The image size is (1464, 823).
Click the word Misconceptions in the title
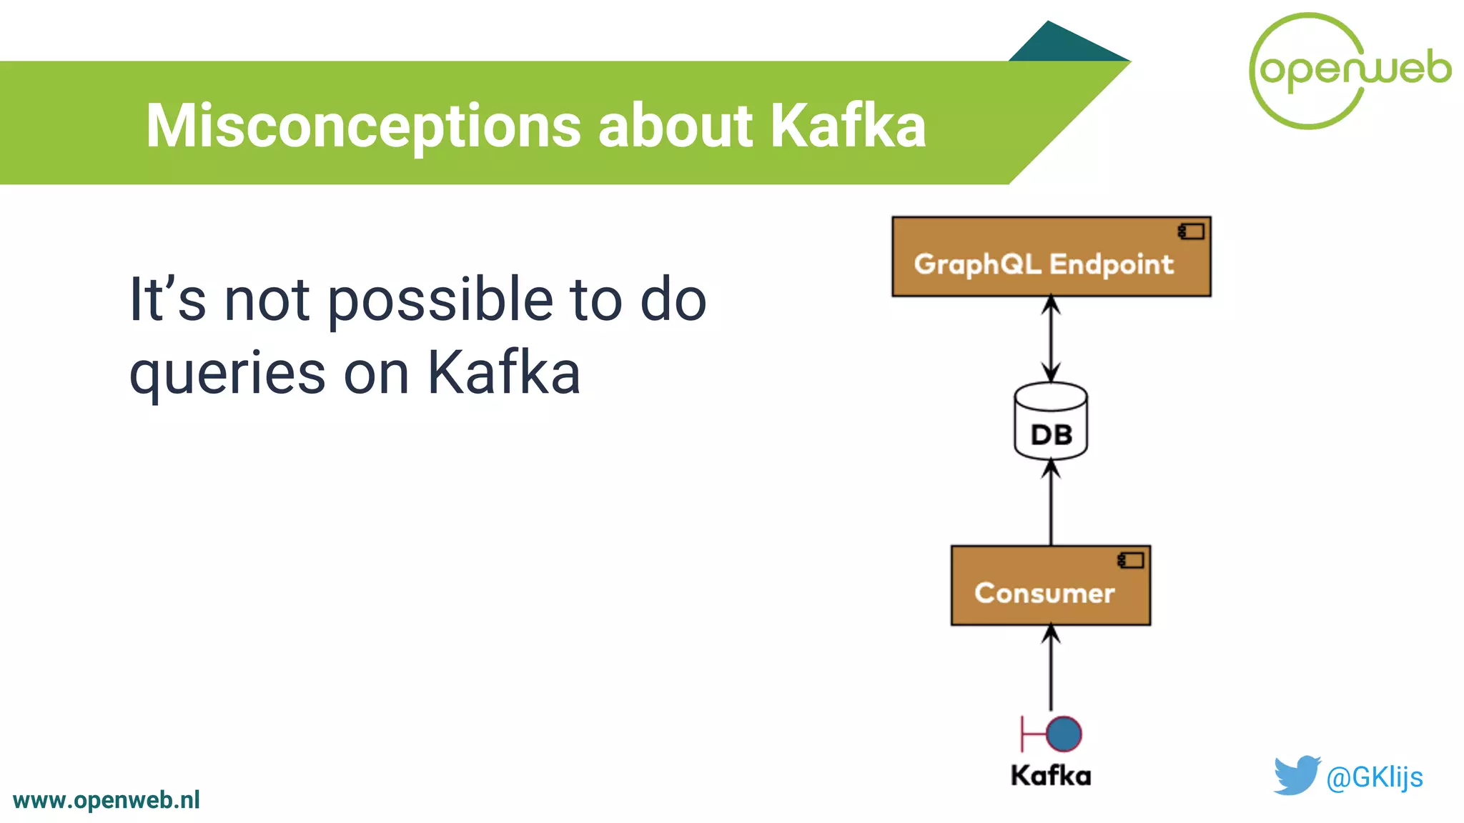click(x=363, y=126)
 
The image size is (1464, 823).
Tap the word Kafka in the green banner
click(x=848, y=126)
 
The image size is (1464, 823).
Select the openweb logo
click(x=1350, y=70)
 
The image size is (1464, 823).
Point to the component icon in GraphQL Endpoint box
click(x=1191, y=231)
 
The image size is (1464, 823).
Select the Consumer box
click(x=1050, y=586)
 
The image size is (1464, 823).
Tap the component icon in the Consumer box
click(x=1131, y=561)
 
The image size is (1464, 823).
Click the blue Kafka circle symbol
click(x=1064, y=734)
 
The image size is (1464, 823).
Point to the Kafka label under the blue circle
click(x=1050, y=776)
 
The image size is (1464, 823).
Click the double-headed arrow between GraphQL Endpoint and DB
click(x=1051, y=339)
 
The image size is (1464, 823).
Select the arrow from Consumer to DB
click(x=1051, y=503)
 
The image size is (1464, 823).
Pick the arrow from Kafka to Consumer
click(x=1051, y=667)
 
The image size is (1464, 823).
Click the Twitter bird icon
click(x=1297, y=775)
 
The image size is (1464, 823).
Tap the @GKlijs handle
click(x=1374, y=777)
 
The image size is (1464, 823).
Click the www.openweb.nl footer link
click(x=106, y=800)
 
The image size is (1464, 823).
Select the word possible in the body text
click(x=440, y=300)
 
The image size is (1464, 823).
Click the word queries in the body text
click(x=227, y=374)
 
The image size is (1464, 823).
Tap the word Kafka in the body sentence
click(x=503, y=373)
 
